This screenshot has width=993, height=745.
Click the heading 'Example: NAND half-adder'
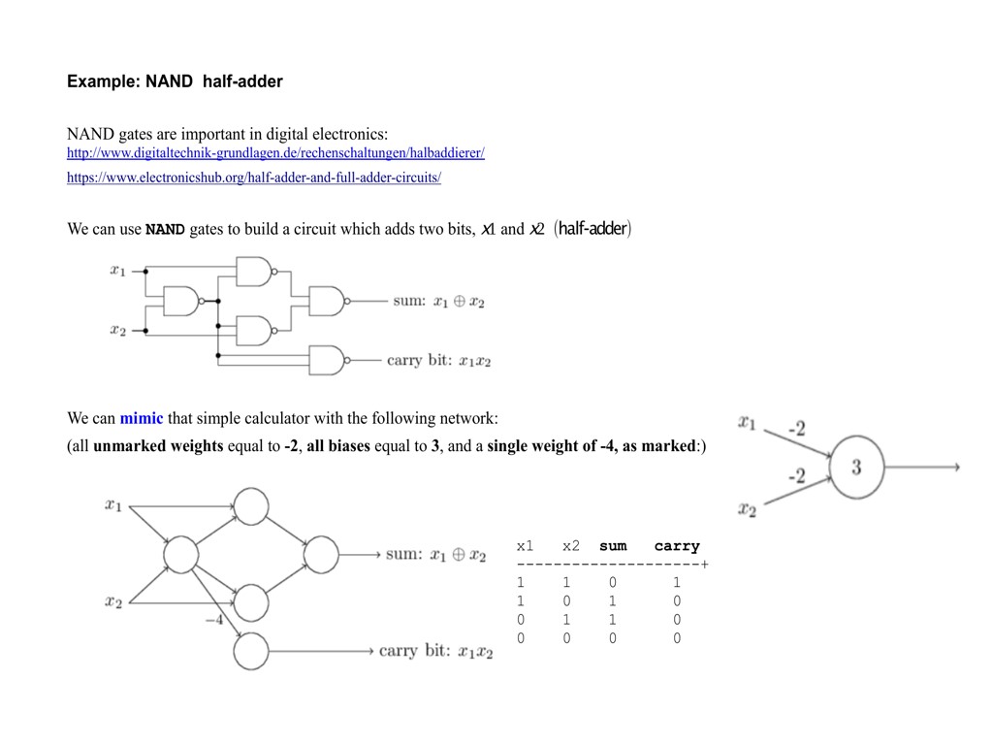[x=175, y=81]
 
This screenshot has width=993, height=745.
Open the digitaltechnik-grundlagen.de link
[x=275, y=153]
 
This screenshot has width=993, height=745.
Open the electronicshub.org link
[x=254, y=178]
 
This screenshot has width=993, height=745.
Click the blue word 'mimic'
[x=141, y=418]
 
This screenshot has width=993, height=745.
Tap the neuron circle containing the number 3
[x=856, y=467]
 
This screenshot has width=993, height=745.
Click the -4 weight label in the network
[x=214, y=620]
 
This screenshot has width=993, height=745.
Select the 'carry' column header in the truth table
[x=677, y=546]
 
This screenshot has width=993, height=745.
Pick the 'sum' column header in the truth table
[x=613, y=546]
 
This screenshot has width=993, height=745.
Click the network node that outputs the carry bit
[x=251, y=651]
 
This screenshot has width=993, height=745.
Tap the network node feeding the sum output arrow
[x=321, y=555]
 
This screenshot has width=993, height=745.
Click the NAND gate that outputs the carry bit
[x=326, y=360]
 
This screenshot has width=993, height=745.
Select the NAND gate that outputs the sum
[x=326, y=301]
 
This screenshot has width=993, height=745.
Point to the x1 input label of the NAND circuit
[x=117, y=271]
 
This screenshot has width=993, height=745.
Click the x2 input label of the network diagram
[x=113, y=601]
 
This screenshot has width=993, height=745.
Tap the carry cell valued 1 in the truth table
[x=677, y=583]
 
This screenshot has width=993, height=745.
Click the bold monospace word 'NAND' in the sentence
[x=165, y=230]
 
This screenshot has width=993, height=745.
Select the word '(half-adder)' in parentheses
[x=593, y=229]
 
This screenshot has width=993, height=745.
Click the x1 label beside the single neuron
[x=747, y=421]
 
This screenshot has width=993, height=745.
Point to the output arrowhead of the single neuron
[x=956, y=467]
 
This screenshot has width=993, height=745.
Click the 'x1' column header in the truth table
[x=525, y=546]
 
